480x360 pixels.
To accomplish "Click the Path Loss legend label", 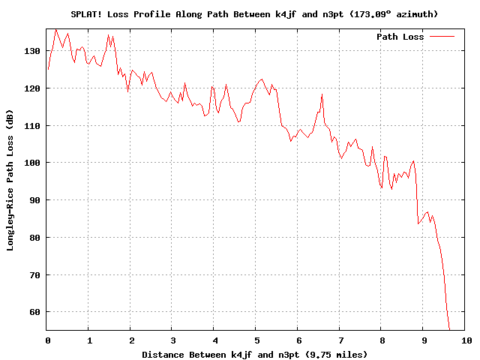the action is [x=400, y=37].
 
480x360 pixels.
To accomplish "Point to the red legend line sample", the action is [x=442, y=37].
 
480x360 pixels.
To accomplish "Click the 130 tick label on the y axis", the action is [x=32, y=51].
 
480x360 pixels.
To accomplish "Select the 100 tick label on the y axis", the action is [x=32, y=163].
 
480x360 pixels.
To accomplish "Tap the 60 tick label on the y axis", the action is [x=34, y=312].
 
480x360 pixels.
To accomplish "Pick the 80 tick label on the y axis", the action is [x=34, y=238].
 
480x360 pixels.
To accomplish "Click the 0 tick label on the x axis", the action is [x=48, y=340].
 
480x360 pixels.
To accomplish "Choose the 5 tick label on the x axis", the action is [x=256, y=340].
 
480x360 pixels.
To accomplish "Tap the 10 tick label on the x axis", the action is [x=466, y=340].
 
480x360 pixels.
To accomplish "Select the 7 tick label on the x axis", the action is [x=340, y=340].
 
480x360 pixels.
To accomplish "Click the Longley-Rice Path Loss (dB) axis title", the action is [x=10, y=180].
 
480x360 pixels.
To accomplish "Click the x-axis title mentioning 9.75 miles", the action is [x=254, y=355].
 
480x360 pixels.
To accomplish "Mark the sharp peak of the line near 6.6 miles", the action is [x=322, y=94].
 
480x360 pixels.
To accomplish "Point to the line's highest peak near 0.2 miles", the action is [x=55, y=29].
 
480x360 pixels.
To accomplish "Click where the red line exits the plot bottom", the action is [x=449, y=330].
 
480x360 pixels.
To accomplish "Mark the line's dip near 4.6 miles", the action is [x=238, y=121].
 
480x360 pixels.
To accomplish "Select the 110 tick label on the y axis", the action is [x=32, y=125].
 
